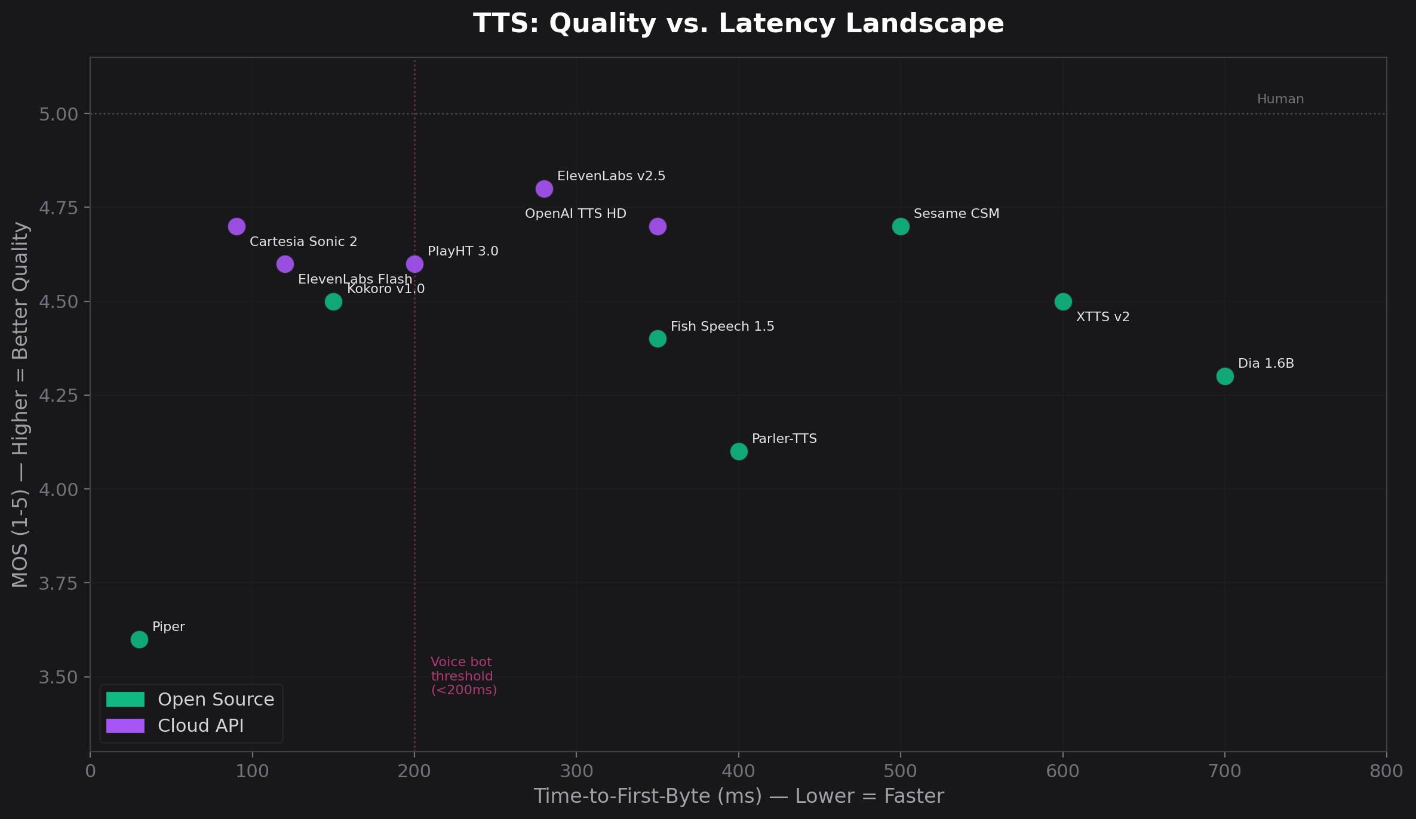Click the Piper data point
pyautogui.click(x=139, y=639)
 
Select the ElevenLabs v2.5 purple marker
pyautogui.click(x=544, y=189)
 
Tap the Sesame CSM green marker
pyautogui.click(x=901, y=226)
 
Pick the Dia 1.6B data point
pyautogui.click(x=1225, y=376)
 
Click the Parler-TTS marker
pyautogui.click(x=739, y=451)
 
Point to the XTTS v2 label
pyautogui.click(x=1102, y=317)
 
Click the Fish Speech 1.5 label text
pyautogui.click(x=722, y=327)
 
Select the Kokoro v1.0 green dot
pyautogui.click(x=333, y=301)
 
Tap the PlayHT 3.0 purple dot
pyautogui.click(x=414, y=264)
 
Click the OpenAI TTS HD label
pyautogui.click(x=575, y=214)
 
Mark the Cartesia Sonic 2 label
pyautogui.click(x=303, y=242)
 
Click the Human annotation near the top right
pyautogui.click(x=1280, y=99)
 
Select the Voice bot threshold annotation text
pyautogui.click(x=463, y=676)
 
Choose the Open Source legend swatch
pyautogui.click(x=125, y=699)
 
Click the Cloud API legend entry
pyautogui.click(x=200, y=726)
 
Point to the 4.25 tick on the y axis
pyautogui.click(x=59, y=395)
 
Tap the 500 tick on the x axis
pyautogui.click(x=901, y=771)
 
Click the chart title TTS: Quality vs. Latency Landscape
pyautogui.click(x=738, y=24)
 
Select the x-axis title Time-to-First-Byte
pyautogui.click(x=738, y=796)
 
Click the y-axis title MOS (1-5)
pyautogui.click(x=20, y=404)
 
